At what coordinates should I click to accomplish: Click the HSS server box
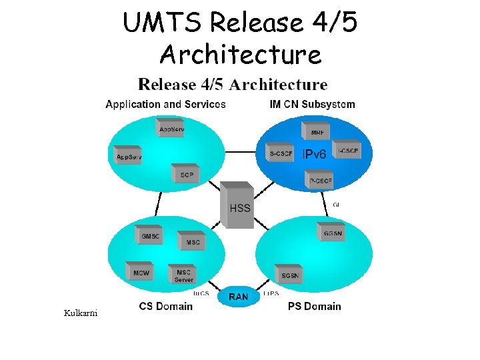tap(239, 205)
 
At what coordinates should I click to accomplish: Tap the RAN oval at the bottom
tap(239, 297)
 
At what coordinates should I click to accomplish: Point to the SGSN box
tap(290, 274)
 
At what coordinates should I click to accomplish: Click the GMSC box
tap(151, 236)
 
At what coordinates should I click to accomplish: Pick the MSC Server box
tap(183, 275)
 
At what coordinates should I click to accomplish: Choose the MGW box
tap(141, 273)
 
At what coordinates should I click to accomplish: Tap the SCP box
tap(187, 175)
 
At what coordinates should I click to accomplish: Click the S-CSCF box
tap(281, 154)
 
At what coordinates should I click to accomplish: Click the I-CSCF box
tap(347, 151)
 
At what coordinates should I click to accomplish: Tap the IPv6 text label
tap(315, 155)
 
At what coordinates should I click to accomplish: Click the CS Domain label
tap(166, 307)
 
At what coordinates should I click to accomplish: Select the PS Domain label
tap(314, 307)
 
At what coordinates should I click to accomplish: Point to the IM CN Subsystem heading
tap(312, 104)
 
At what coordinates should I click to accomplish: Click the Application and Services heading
tap(165, 104)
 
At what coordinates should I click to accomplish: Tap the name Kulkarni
tap(80, 313)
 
